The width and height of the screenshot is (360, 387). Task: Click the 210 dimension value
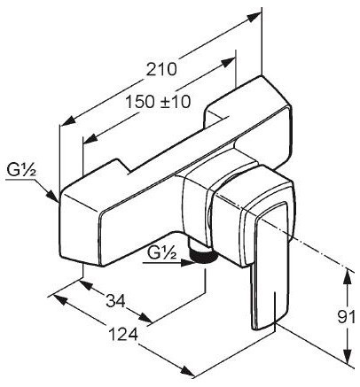(162, 69)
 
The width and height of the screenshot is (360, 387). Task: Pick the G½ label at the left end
(19, 169)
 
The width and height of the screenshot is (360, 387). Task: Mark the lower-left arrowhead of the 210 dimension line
(65, 123)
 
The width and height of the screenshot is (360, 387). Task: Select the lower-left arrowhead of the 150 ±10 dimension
(88, 139)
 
